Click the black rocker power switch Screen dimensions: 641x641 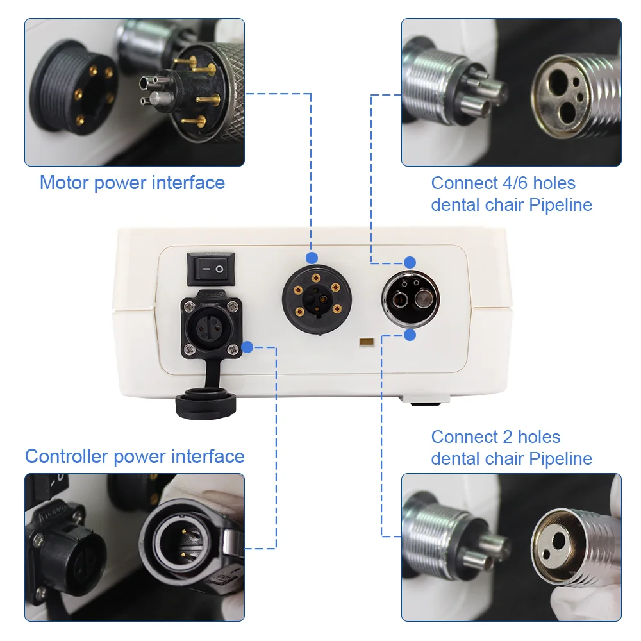(211, 269)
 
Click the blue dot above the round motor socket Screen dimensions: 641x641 (312, 258)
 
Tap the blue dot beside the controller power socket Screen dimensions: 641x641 (247, 347)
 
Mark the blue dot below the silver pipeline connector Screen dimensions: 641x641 (410, 335)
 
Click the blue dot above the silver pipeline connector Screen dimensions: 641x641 (410, 262)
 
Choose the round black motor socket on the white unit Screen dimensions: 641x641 (317, 299)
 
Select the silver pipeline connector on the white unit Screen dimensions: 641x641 (410, 298)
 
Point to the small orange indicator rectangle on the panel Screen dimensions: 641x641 (367, 342)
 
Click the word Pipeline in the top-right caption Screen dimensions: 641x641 (560, 205)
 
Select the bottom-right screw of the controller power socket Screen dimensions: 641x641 (233, 349)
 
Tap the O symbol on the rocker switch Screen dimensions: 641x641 (219, 269)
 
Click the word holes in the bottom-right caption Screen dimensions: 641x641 (539, 437)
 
